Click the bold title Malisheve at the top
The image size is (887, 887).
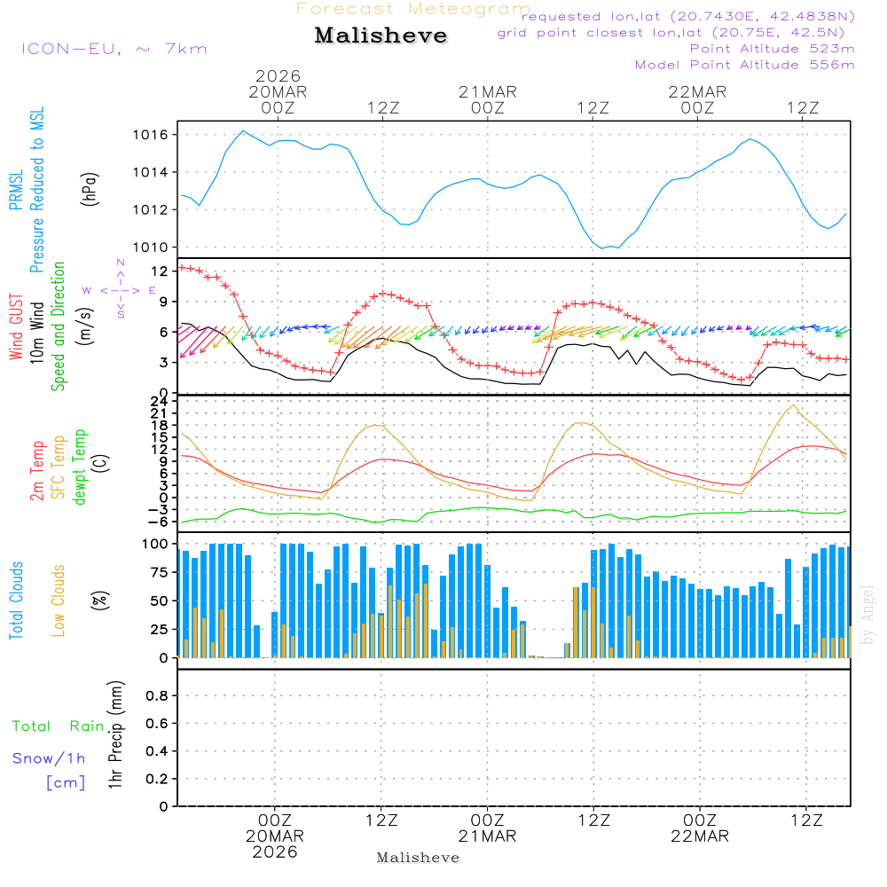tap(381, 35)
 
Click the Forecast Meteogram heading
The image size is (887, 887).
tap(413, 9)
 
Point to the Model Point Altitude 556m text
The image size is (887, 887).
tap(745, 65)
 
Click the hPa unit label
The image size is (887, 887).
tap(90, 188)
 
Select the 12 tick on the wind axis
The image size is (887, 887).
tap(163, 270)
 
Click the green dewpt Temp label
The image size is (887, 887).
tap(81, 467)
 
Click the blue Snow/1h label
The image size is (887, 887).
tap(50, 758)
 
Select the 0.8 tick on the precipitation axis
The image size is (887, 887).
tap(158, 696)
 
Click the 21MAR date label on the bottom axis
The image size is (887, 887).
tap(487, 836)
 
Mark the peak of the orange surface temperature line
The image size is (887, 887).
tap(793, 404)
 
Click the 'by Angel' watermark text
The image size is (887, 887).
tap(867, 615)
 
